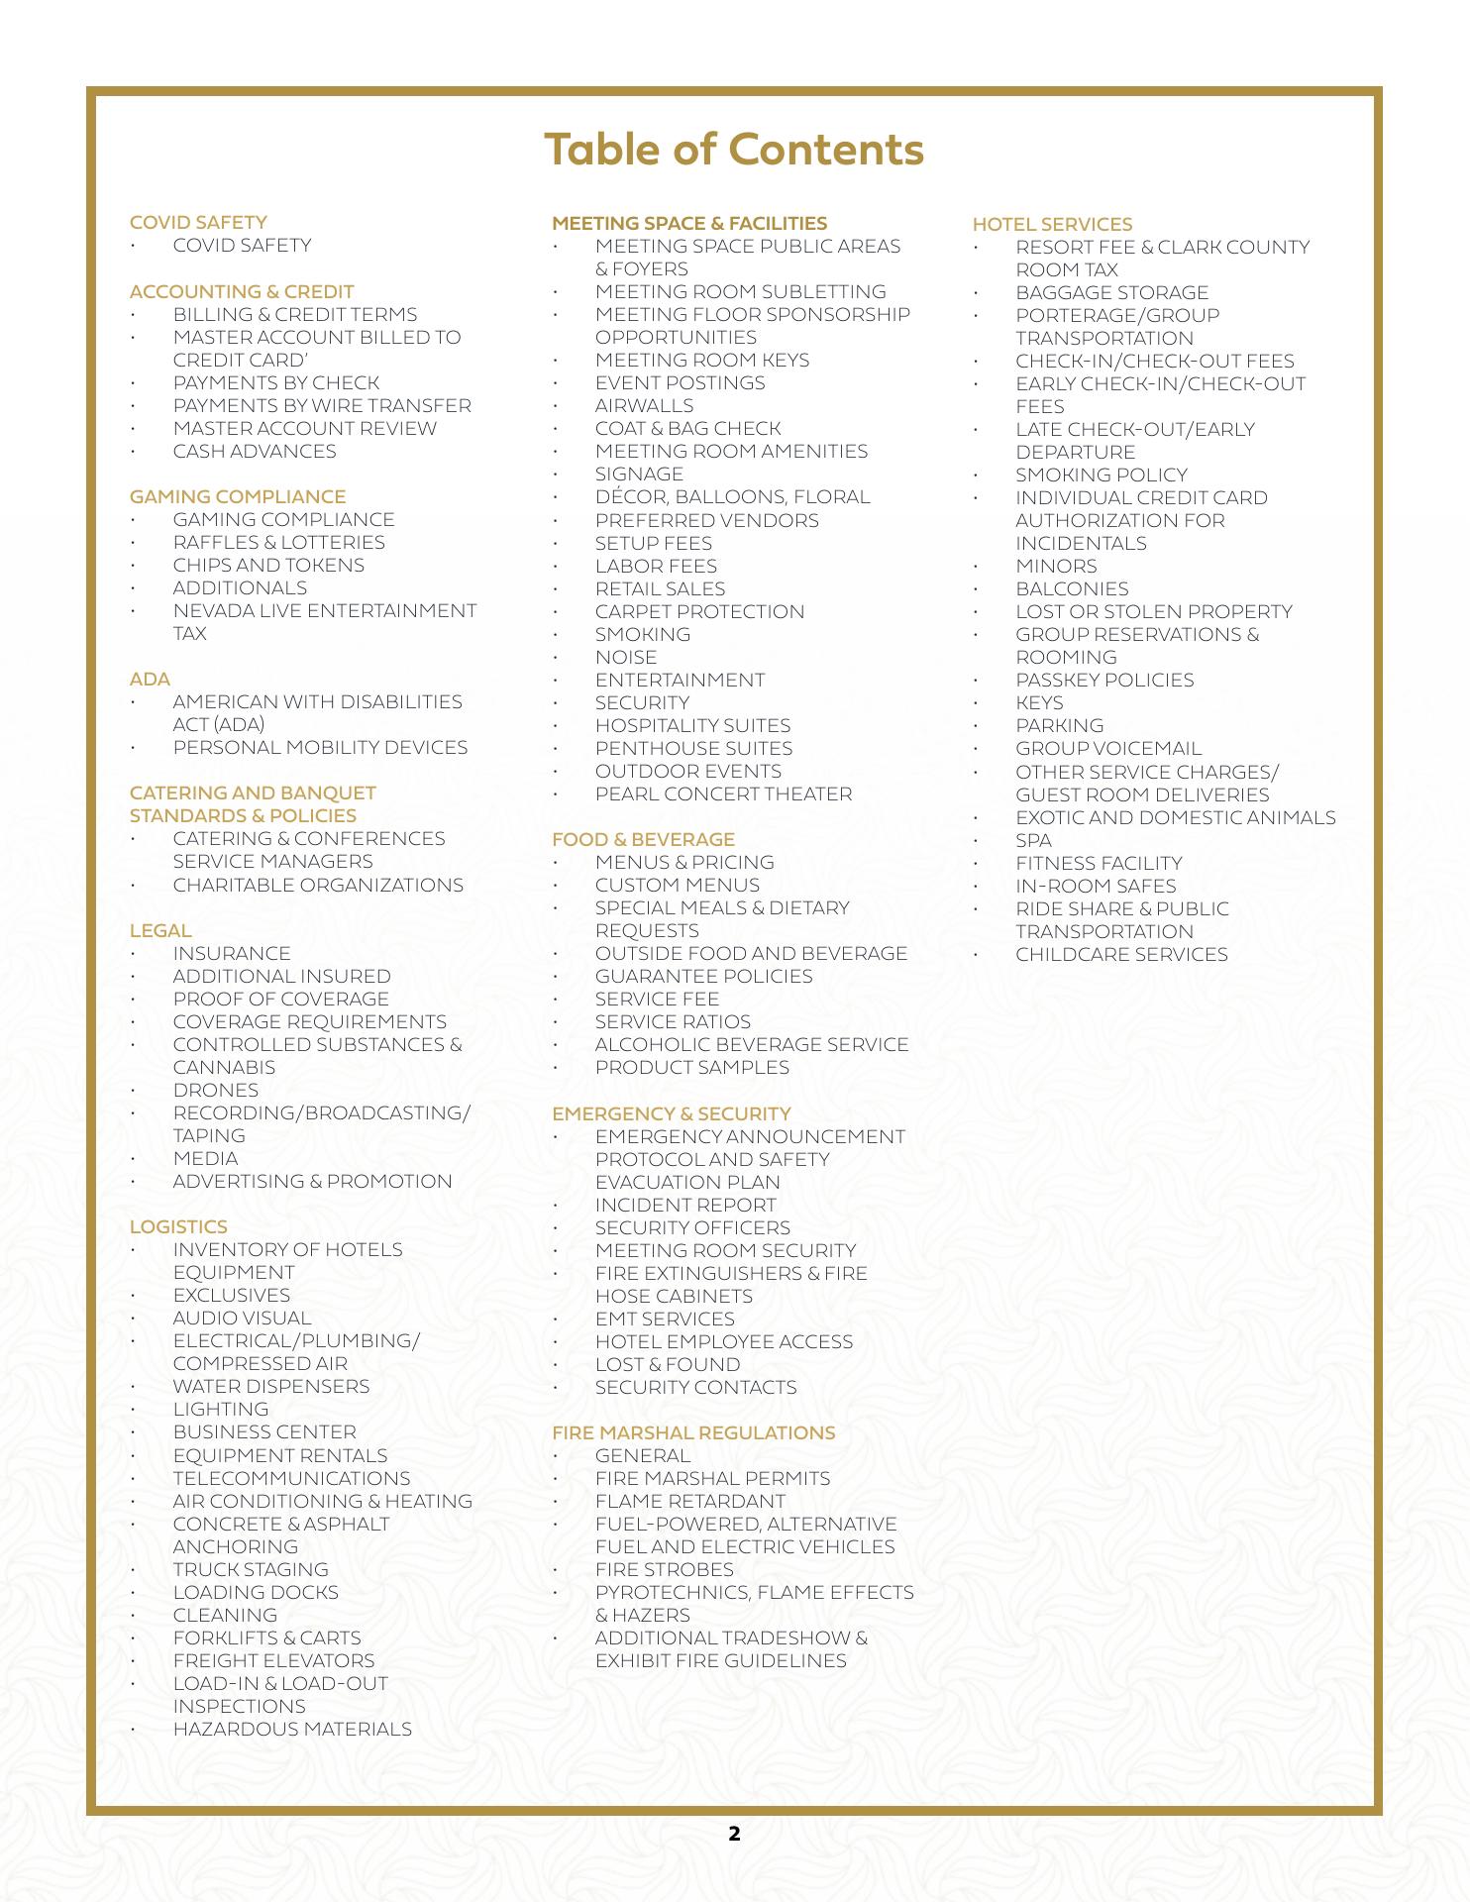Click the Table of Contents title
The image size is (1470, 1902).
tap(734, 150)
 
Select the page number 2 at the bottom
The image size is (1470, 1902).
tap(734, 1834)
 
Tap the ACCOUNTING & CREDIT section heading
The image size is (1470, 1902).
tap(242, 291)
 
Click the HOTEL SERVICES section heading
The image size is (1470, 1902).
tap(1052, 225)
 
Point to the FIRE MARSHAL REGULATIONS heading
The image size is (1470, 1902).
tap(693, 1432)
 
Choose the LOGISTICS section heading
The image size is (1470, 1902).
tap(178, 1226)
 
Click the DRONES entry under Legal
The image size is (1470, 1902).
tap(215, 1090)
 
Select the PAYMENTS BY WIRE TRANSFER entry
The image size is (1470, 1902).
tap(322, 405)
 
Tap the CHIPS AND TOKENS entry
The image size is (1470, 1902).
tap(268, 565)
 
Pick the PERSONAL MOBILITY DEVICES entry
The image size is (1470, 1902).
tap(320, 747)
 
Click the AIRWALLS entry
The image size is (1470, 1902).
tap(644, 405)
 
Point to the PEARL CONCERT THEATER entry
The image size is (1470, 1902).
tap(723, 793)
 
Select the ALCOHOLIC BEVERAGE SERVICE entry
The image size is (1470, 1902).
tap(752, 1044)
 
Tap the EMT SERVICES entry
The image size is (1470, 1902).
tap(665, 1319)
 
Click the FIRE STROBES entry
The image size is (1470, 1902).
tap(664, 1569)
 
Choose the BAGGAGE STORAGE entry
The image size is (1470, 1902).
tap(1111, 292)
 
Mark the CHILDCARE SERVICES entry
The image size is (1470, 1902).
tap(1121, 954)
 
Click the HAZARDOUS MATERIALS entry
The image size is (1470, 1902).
tap(292, 1729)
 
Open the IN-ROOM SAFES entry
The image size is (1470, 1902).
tap(1096, 886)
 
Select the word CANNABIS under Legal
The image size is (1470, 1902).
tap(224, 1067)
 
